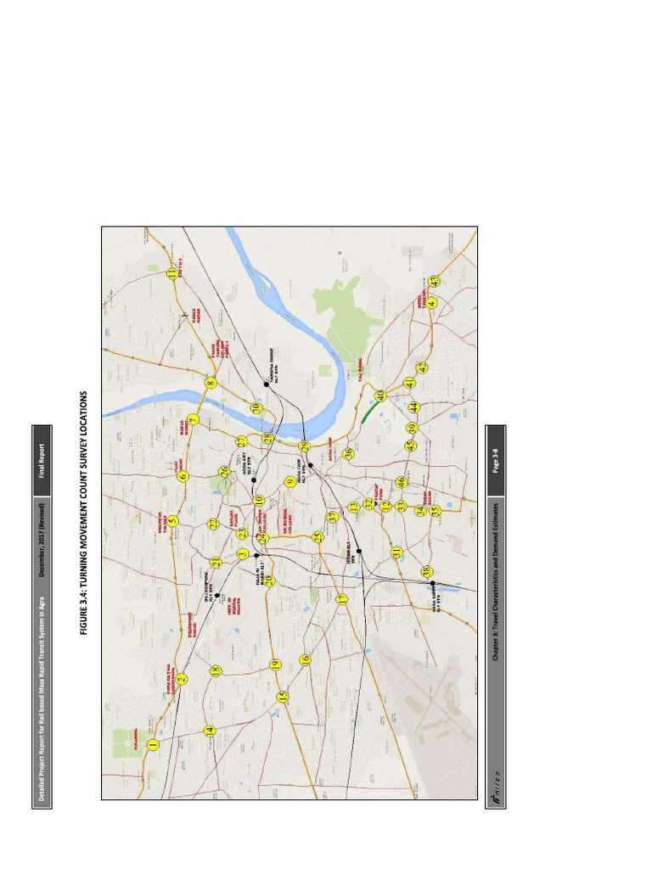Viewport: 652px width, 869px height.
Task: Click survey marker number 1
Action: [x=153, y=745]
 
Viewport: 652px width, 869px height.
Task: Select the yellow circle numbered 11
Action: [x=172, y=273]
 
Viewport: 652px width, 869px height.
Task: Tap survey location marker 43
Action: [x=434, y=281]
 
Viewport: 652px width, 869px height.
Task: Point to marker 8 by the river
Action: [x=211, y=384]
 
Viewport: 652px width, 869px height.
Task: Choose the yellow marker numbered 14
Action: [x=209, y=730]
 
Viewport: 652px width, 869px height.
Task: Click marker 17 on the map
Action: [x=341, y=599]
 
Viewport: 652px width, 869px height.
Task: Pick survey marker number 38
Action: [x=427, y=571]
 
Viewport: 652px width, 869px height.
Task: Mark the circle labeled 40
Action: [x=380, y=395]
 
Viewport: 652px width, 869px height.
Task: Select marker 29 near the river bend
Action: [x=304, y=446]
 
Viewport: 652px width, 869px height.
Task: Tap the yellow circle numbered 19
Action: [x=274, y=664]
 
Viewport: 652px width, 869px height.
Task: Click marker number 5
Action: [x=172, y=521]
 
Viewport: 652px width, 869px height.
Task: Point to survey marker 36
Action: [x=348, y=454]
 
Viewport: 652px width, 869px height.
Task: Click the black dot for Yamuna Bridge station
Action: [x=266, y=384]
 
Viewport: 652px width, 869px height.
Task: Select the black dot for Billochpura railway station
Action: [x=218, y=596]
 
